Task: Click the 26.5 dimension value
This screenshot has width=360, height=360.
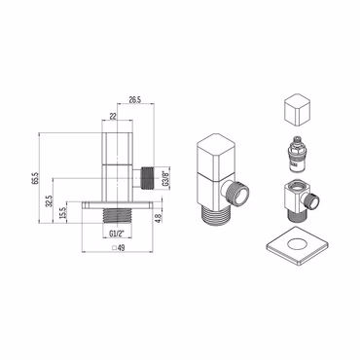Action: click(135, 100)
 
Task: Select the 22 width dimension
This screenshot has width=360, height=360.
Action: click(113, 117)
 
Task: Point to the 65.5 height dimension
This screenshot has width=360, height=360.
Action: click(35, 178)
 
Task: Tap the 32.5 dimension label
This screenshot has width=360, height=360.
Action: click(50, 200)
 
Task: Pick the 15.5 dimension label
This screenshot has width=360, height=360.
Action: click(63, 213)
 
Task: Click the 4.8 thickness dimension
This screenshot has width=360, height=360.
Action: click(158, 217)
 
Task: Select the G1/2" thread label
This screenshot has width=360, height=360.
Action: click(117, 233)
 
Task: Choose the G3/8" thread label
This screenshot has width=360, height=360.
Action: click(165, 178)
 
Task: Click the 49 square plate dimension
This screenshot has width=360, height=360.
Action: click(122, 248)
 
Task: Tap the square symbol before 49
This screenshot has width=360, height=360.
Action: click(114, 248)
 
